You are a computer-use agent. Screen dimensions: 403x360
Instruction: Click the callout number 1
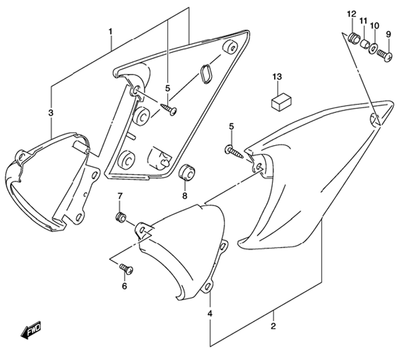(x=110, y=32)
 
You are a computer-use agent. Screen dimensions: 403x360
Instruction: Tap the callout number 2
(x=273, y=326)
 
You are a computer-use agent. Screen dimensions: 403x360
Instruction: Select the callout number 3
(x=51, y=113)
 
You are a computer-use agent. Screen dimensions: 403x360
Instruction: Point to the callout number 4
(x=210, y=313)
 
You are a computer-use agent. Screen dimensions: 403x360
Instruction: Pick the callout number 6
(x=125, y=286)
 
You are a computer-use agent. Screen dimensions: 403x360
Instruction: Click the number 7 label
(x=120, y=196)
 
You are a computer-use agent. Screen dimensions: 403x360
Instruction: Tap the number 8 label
(x=185, y=196)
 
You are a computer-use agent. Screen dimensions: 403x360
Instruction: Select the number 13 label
(x=277, y=77)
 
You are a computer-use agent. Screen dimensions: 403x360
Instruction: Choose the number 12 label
(x=352, y=14)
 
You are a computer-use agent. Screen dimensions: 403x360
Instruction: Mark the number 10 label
(x=374, y=25)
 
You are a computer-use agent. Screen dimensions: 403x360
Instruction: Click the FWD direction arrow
(x=31, y=330)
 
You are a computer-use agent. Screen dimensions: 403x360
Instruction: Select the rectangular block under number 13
(x=281, y=102)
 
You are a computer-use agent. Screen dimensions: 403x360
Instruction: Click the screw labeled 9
(x=385, y=55)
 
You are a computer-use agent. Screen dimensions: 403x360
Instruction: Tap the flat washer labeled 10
(x=373, y=48)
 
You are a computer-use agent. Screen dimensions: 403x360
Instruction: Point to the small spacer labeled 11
(x=364, y=43)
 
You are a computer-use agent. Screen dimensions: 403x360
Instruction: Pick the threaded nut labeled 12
(x=353, y=38)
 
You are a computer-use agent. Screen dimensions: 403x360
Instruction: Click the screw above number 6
(x=126, y=269)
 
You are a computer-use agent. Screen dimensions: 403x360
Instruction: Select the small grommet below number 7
(x=120, y=217)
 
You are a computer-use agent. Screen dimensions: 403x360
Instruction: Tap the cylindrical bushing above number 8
(x=187, y=173)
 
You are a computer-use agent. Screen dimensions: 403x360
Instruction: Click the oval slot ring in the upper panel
(x=206, y=74)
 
